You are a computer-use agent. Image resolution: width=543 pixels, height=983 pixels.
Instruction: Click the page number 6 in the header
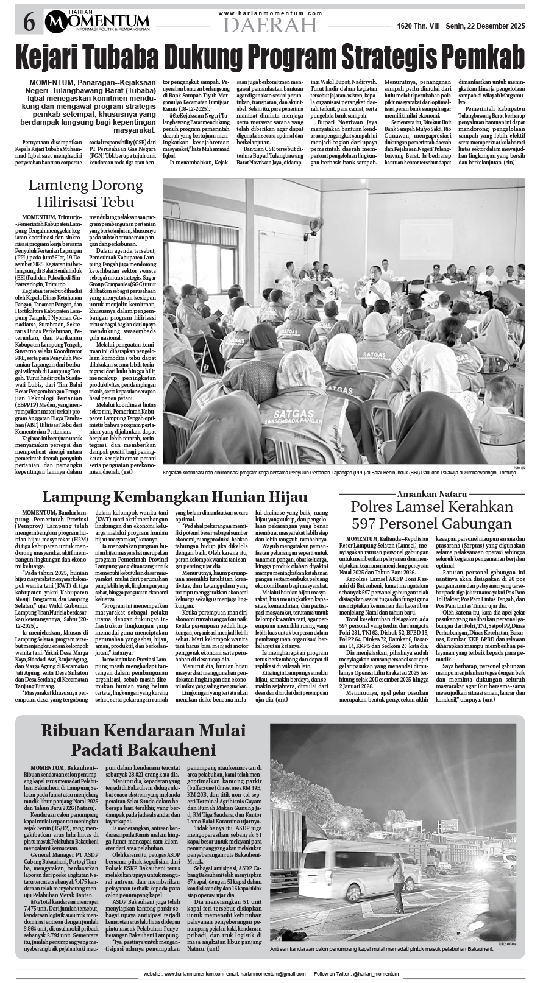[x=29, y=23]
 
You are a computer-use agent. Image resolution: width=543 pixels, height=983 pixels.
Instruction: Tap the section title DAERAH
[x=270, y=25]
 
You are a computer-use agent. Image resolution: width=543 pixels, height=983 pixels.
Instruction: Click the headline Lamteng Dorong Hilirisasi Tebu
[x=88, y=194]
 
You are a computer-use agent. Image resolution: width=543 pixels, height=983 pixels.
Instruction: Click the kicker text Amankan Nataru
[x=431, y=493]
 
